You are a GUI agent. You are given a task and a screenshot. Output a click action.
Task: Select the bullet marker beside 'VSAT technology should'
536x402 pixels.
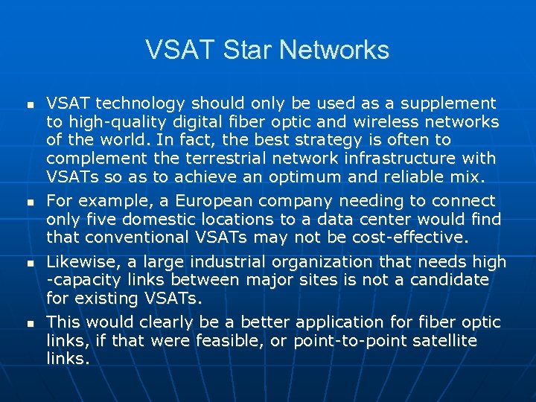pyautogui.click(x=29, y=104)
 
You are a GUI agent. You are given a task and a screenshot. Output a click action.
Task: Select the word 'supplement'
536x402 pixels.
pyautogui.click(x=450, y=103)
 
